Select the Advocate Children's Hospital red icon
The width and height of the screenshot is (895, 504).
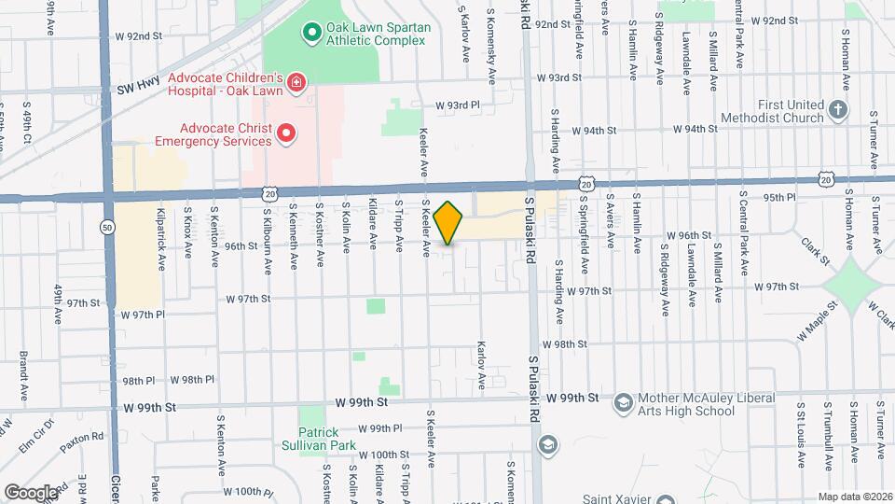296,83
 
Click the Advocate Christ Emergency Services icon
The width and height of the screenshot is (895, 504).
287,134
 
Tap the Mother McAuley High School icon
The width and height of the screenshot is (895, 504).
622,403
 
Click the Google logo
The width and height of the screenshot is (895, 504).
31,492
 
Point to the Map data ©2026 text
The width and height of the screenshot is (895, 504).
854,497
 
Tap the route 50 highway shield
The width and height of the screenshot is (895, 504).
108,226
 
